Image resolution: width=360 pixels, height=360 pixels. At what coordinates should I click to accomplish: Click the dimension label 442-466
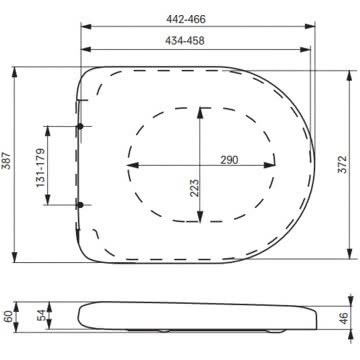pos(186,19)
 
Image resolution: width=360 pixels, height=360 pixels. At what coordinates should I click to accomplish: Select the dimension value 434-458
pos(185,41)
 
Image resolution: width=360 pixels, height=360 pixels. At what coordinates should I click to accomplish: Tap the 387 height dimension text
pos(7,160)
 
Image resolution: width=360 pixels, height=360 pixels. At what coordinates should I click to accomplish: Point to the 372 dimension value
pos(343,164)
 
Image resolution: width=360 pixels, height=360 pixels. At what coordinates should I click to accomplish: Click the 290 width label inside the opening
pos(229,160)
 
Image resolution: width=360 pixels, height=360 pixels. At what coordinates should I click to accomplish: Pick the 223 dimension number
pos(194,188)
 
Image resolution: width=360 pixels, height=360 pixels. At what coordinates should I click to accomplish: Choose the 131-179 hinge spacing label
pos(40,168)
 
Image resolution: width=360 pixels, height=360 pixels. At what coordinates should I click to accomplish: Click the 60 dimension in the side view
pos(8,316)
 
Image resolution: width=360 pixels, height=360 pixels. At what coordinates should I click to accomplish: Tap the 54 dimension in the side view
pos(40,316)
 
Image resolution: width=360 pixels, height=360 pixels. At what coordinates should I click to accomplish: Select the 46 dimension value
pos(344,318)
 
